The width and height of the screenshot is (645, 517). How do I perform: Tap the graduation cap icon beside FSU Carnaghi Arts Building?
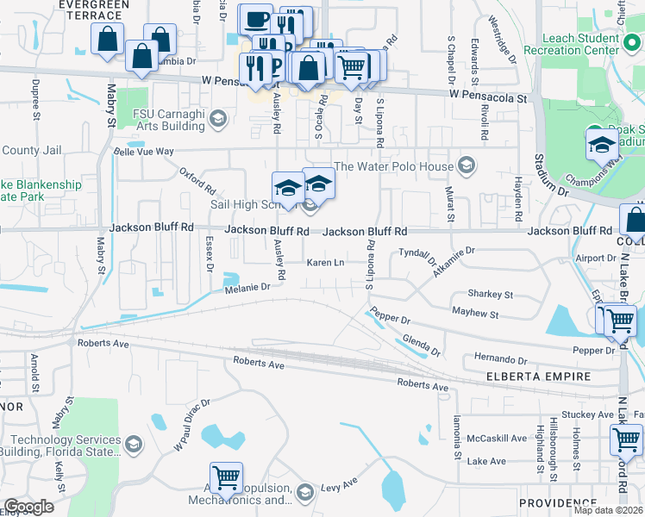pyautogui.click(x=218, y=117)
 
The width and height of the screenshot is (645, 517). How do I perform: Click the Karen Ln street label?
pyautogui.click(x=326, y=262)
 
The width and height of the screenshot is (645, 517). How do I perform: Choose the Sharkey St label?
pyautogui.click(x=489, y=295)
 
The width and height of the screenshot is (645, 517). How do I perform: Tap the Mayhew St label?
pyautogui.click(x=475, y=315)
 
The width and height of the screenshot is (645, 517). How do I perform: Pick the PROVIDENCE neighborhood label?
pyautogui.click(x=556, y=502)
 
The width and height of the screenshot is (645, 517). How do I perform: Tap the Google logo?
pyautogui.click(x=28, y=506)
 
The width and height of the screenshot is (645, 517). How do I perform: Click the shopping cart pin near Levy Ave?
pyautogui.click(x=226, y=478)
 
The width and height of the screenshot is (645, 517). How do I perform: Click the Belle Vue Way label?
pyautogui.click(x=144, y=152)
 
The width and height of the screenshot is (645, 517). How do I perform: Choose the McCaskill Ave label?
pyautogui.click(x=496, y=438)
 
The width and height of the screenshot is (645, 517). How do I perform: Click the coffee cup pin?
pyautogui.click(x=255, y=19)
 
